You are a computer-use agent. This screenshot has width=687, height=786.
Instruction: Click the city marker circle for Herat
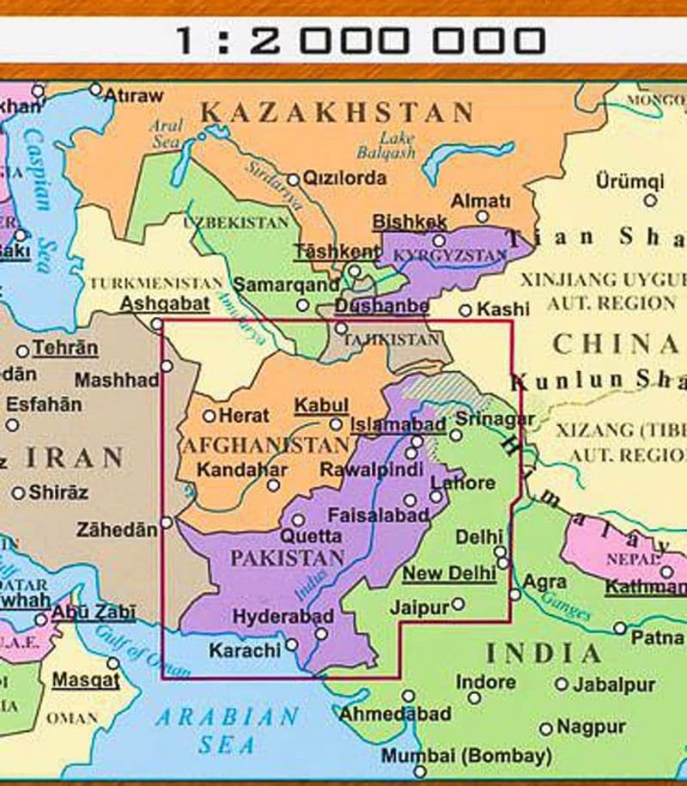tap(209, 416)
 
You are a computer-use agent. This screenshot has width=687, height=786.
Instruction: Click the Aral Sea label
tap(166, 134)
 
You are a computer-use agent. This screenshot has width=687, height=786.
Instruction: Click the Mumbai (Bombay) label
tap(466, 757)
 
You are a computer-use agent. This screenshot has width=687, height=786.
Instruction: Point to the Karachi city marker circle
tap(292, 644)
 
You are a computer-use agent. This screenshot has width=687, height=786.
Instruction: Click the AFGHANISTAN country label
tap(266, 446)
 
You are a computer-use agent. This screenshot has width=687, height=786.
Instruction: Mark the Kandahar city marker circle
tap(273, 485)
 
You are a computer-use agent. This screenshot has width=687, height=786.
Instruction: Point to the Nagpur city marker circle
tap(546, 728)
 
